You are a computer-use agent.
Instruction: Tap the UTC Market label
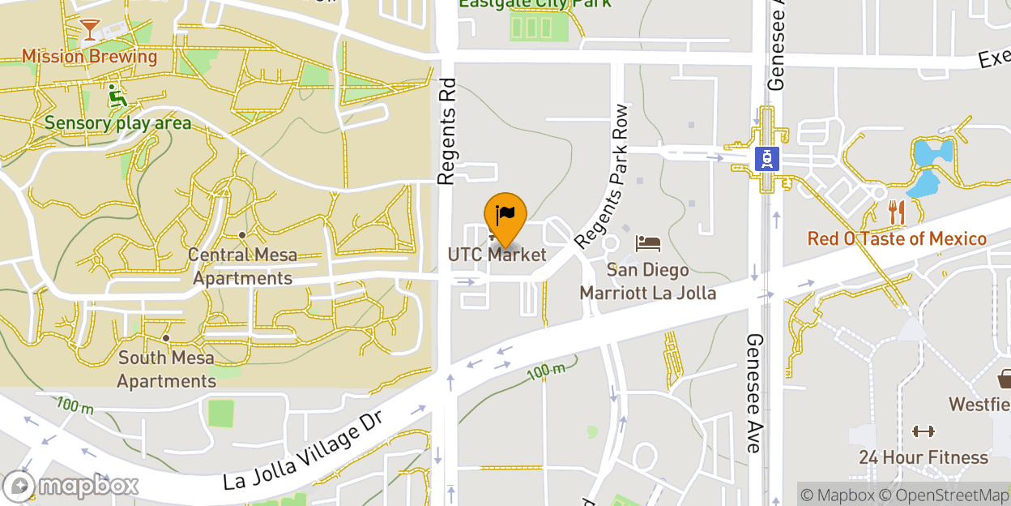pyautogui.click(x=497, y=255)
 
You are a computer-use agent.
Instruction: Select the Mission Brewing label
pyautogui.click(x=89, y=57)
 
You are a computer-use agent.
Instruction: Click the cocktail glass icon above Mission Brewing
pyautogui.click(x=89, y=31)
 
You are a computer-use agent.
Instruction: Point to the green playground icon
pyautogui.click(x=118, y=96)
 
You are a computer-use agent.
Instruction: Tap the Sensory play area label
pyautogui.click(x=118, y=123)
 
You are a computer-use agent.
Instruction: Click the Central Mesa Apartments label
pyautogui.click(x=242, y=267)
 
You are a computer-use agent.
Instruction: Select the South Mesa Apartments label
pyautogui.click(x=166, y=369)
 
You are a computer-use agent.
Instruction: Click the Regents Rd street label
pyautogui.click(x=446, y=131)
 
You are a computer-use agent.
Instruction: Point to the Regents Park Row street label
pyautogui.click(x=601, y=177)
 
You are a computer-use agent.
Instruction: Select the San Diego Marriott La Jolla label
pyautogui.click(x=648, y=281)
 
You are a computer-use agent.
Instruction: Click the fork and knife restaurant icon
pyautogui.click(x=896, y=212)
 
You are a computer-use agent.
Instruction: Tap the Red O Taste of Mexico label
pyautogui.click(x=897, y=239)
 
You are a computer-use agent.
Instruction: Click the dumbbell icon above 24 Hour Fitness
pyautogui.click(x=923, y=432)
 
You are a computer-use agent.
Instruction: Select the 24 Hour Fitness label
pyautogui.click(x=924, y=457)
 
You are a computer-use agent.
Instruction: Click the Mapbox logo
pyautogui.click(x=71, y=486)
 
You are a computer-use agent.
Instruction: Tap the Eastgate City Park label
pyautogui.click(x=535, y=3)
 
